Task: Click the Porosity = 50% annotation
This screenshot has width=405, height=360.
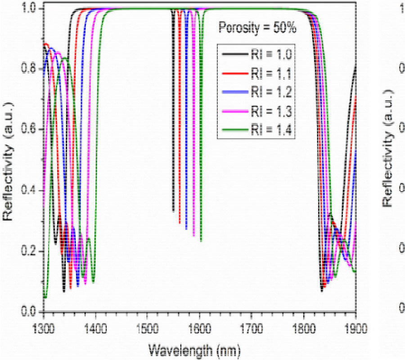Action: coord(257,28)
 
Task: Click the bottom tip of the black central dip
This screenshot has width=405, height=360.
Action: coord(173,211)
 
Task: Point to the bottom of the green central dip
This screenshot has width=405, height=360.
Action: coord(201,241)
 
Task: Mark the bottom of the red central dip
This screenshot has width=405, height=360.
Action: coord(180,223)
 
